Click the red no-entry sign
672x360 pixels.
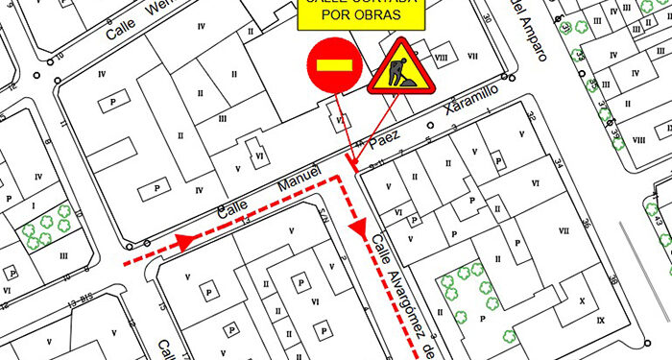click(x=332, y=64)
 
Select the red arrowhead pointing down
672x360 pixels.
click(x=359, y=231)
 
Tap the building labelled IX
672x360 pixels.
click(x=602, y=320)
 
